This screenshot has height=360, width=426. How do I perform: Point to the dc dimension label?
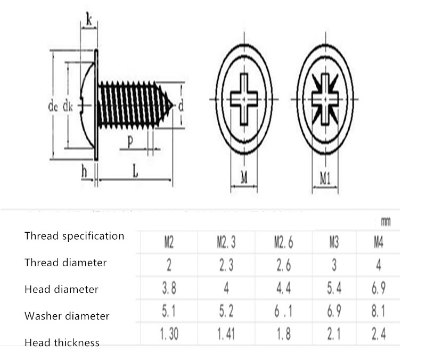53,106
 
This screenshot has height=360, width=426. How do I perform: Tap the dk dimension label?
68,106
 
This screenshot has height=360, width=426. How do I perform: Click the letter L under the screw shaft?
135,171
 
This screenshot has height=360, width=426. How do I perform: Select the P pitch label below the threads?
130,142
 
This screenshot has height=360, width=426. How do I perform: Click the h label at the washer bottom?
84,171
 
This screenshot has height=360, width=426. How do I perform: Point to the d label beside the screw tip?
181,105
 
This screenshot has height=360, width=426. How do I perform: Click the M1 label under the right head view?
325,178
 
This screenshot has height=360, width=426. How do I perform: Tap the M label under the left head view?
244,178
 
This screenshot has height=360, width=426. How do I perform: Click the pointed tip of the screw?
173,105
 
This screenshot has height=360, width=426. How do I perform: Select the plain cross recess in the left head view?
244,99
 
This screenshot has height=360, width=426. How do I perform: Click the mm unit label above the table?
386,222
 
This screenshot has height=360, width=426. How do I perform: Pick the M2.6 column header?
284,242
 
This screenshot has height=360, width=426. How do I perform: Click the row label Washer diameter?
67,316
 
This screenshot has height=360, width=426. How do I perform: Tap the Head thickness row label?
62,342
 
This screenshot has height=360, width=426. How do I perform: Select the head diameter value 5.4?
334,288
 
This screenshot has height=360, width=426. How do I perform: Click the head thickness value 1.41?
226,334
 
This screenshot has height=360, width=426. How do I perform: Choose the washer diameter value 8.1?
379,311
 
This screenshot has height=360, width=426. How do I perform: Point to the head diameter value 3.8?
169,288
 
